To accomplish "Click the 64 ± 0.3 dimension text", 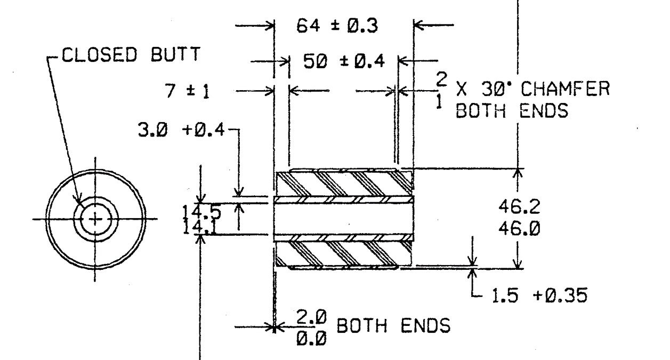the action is tap(337, 26).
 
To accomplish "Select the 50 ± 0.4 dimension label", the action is tap(344, 61).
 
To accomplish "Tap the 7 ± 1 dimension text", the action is tap(188, 91).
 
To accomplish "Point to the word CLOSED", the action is tap(99, 55).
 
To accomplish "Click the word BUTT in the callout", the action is tap(175, 55).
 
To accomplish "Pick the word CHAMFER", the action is tap(565, 89).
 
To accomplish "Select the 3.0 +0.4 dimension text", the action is tap(181, 130).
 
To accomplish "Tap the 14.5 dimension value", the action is tap(202, 212).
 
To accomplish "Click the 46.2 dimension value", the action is tap(519, 207).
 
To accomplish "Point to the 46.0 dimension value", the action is tap(519, 229).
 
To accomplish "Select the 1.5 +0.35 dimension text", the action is tap(539, 296).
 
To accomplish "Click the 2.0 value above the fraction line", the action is tap(311, 317).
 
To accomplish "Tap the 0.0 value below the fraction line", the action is tap(311, 339).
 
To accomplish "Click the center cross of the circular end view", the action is tap(95, 219).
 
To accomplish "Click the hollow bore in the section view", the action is tap(344, 219).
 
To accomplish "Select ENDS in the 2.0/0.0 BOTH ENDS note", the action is tap(425, 325).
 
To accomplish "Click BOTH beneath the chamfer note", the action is tap(480, 111).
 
